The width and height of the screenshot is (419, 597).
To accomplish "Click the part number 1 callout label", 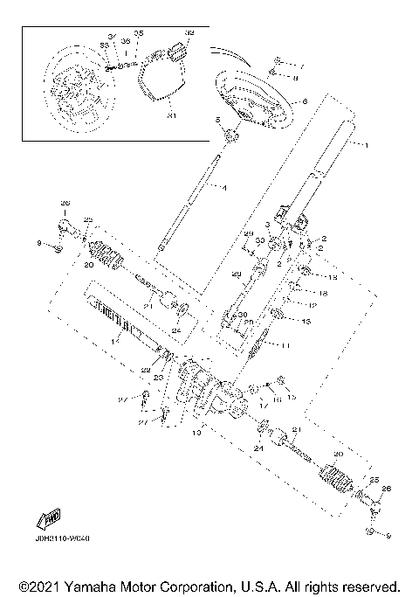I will (x=367, y=145).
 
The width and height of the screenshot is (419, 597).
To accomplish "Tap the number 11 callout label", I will (x=286, y=345).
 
